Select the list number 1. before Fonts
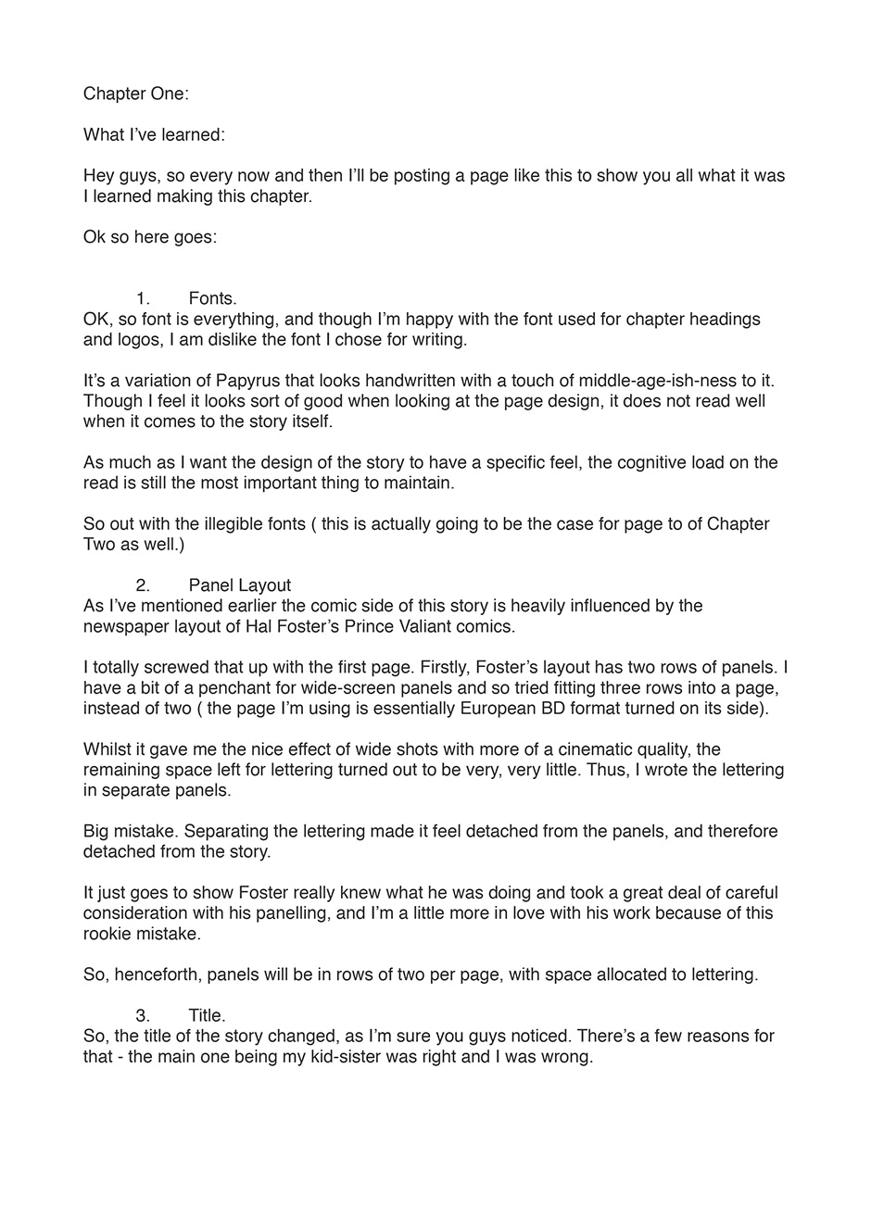tap(143, 298)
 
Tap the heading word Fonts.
tap(212, 298)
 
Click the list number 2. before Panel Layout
tap(143, 585)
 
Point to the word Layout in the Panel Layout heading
tap(265, 585)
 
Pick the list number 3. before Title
tap(143, 1016)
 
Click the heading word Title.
tap(207, 1016)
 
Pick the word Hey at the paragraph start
tap(99, 176)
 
